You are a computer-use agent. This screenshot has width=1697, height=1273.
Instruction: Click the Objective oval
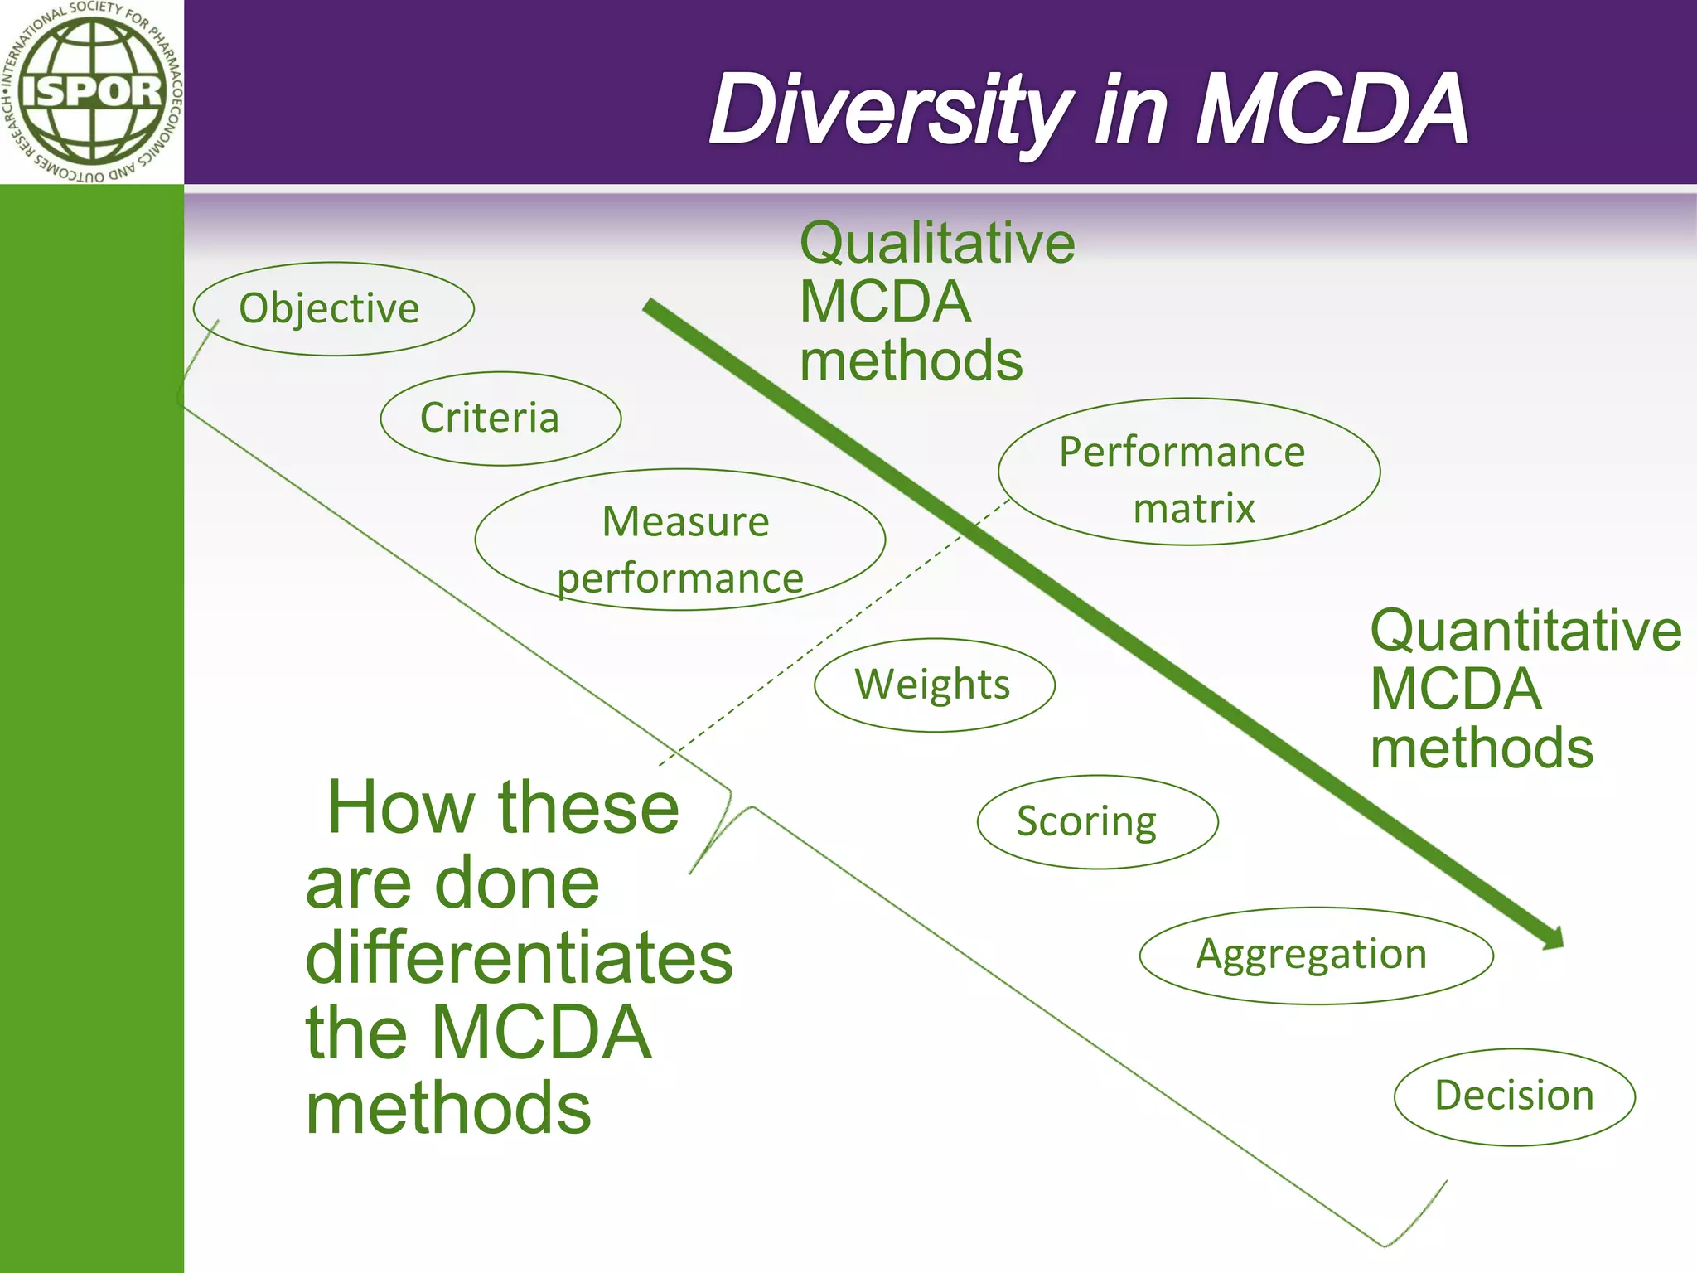coord(333,309)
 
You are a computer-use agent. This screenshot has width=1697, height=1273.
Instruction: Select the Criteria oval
coord(500,419)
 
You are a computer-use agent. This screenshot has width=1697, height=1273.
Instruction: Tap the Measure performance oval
coord(680,540)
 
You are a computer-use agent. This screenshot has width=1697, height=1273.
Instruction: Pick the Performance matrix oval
coord(1189,472)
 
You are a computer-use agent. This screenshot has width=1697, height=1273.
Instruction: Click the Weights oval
coord(934,685)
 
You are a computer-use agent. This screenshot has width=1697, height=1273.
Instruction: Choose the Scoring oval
coord(1097,822)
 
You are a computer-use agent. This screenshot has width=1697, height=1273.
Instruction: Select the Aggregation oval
coord(1316,956)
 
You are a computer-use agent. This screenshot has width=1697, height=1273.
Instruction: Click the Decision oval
coord(1514,1096)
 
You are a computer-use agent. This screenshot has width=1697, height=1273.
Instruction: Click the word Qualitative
coord(937,244)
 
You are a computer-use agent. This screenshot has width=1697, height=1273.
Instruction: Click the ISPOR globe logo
coord(91,91)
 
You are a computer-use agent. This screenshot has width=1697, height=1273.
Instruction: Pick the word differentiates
coord(519,958)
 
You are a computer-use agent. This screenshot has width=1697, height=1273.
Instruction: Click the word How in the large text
coord(402,808)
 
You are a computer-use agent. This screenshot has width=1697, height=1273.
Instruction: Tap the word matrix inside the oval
coord(1194,508)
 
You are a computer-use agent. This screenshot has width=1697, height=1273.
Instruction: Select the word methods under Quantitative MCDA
coord(1482,748)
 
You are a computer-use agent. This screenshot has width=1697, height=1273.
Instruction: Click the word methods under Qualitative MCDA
coord(911,361)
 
